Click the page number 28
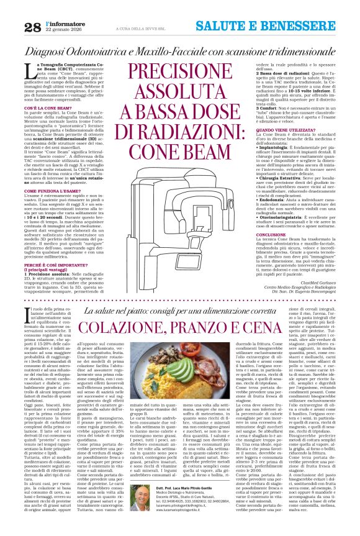click(x=14, y=25)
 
